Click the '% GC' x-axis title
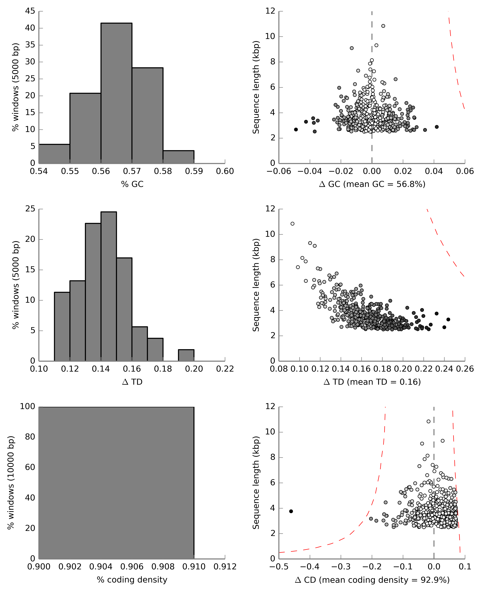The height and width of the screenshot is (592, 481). (132, 184)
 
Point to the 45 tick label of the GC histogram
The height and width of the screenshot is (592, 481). (30, 11)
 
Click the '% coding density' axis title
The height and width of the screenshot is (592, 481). (132, 580)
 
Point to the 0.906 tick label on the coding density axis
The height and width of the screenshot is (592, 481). (132, 567)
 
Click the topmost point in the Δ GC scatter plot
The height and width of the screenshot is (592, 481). (383, 26)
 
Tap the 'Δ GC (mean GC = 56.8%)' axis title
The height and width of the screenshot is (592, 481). (372, 184)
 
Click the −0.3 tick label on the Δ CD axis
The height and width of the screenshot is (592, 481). (341, 567)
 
